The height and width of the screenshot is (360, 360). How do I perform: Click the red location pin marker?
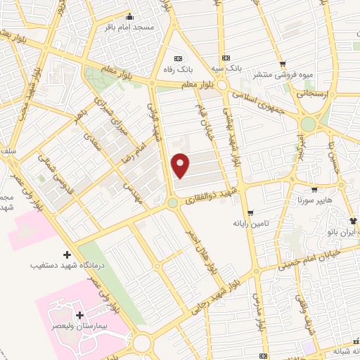tap(181, 165)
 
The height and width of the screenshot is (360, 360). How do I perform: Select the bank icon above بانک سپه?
tap(225, 58)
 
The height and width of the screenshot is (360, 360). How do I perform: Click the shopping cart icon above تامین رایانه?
tap(250, 212)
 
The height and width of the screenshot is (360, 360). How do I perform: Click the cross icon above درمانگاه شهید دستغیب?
tap(67, 254)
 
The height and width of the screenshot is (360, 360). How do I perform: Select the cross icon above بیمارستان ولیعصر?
tap(79, 316)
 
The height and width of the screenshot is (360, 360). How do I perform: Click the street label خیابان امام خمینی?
tap(313, 258)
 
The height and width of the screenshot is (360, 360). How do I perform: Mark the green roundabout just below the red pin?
tap(172, 203)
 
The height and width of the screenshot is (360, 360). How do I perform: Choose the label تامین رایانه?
tap(252, 223)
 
